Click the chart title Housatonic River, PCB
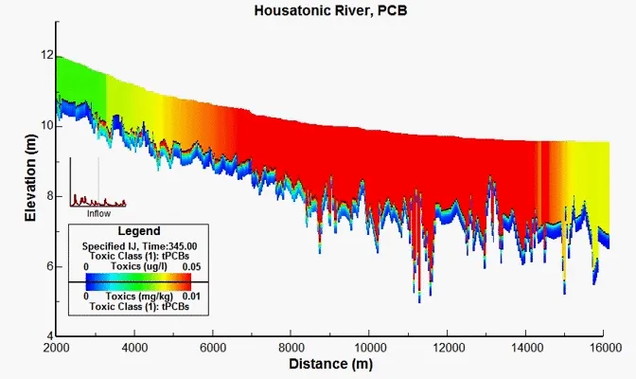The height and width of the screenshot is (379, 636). (x=318, y=11)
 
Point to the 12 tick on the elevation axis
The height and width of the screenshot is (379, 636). (x=45, y=56)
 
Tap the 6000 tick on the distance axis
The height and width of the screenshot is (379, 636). (x=213, y=348)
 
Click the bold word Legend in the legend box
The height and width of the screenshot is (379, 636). (x=138, y=230)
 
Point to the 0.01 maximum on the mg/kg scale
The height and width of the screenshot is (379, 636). (x=194, y=297)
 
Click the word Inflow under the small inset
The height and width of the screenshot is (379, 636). (x=98, y=213)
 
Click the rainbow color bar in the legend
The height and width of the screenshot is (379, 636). (x=138, y=282)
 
